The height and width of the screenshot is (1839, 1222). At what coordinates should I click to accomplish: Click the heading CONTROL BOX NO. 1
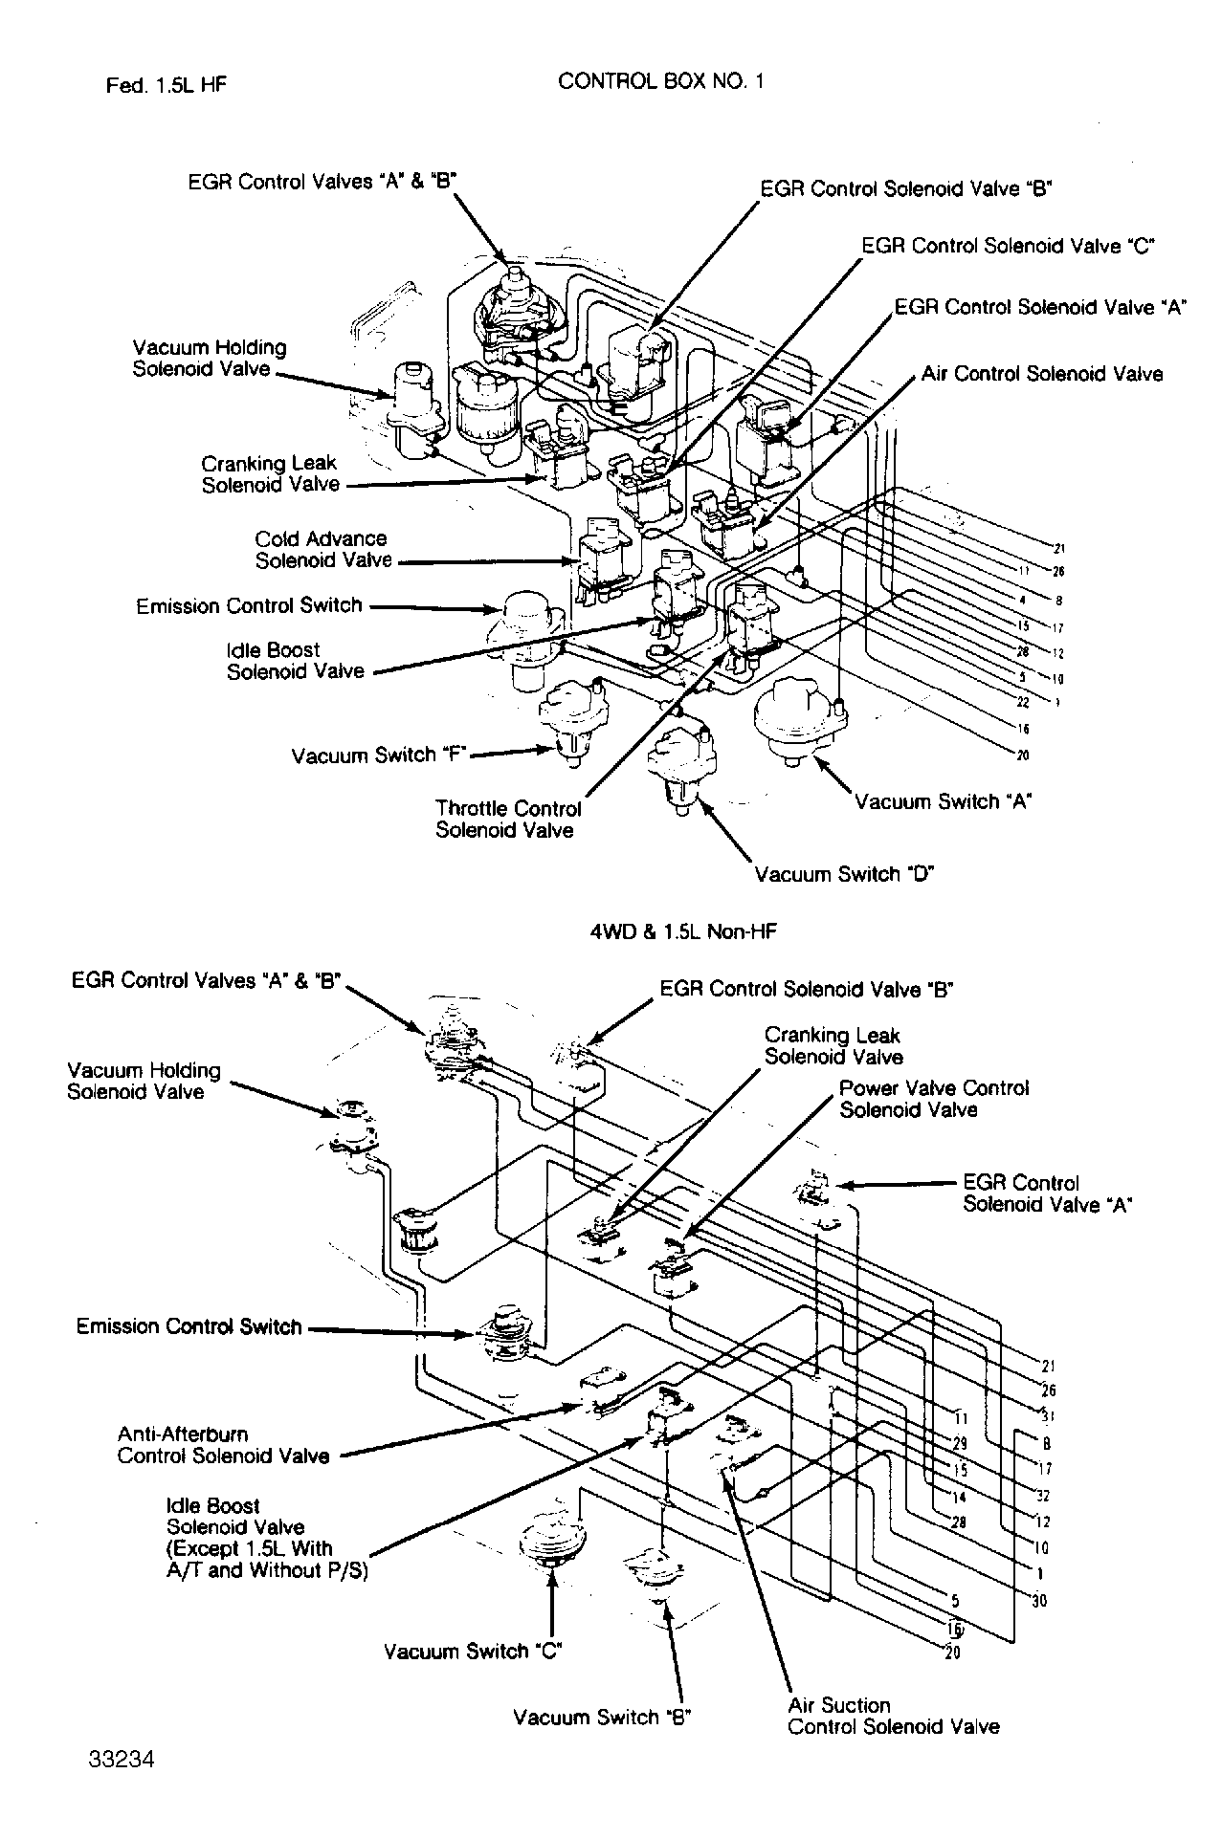point(661,81)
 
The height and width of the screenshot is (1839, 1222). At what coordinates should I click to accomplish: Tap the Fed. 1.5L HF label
point(167,86)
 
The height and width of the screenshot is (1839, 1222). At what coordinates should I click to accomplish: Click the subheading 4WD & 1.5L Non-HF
point(683,931)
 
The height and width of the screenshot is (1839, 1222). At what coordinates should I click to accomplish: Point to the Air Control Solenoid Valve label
point(1042,374)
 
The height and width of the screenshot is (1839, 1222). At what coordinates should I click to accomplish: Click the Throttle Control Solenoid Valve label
point(508,820)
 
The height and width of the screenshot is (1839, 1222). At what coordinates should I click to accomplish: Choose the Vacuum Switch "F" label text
point(379,755)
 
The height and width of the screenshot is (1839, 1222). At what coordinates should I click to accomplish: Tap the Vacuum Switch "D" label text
point(844,874)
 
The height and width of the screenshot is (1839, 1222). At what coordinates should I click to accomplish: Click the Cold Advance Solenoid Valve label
point(323,550)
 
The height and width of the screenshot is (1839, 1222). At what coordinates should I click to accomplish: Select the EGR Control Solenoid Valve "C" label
point(1009,247)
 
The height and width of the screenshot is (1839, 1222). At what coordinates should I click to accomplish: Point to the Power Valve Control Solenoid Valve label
point(934,1099)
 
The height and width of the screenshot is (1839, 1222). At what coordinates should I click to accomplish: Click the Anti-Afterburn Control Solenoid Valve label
point(223,1445)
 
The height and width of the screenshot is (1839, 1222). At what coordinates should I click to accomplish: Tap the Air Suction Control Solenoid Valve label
point(894,1716)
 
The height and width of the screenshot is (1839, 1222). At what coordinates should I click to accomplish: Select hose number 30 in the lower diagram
point(1039,1601)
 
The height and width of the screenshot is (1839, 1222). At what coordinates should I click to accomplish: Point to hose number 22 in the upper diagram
point(1023,703)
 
